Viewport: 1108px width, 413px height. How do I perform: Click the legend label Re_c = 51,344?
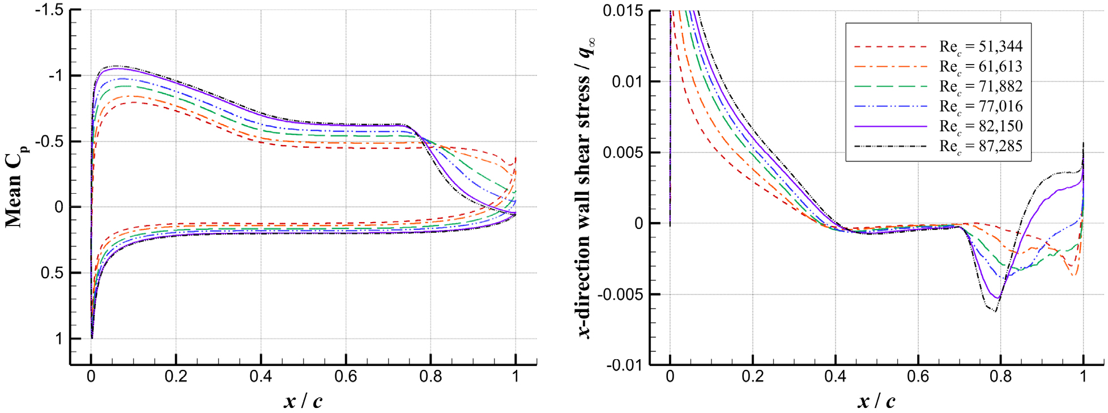click(981, 47)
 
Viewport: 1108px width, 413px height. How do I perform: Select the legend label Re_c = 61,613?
click(981, 67)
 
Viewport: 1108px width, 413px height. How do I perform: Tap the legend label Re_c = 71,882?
click(981, 87)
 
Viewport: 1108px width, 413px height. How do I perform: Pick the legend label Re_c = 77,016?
click(981, 107)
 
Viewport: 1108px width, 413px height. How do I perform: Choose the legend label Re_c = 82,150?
click(981, 126)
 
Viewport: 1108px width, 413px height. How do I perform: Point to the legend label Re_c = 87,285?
click(981, 146)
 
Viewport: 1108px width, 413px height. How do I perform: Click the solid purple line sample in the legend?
click(890, 126)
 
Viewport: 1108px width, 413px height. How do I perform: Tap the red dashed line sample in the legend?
click(890, 46)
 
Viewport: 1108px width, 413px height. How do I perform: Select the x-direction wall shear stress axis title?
click(587, 187)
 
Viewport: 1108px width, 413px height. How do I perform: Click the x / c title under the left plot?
click(303, 401)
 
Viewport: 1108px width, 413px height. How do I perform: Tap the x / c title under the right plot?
click(876, 401)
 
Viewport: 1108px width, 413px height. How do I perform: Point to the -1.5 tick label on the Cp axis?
click(49, 10)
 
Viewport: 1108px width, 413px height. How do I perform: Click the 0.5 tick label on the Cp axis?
click(52, 273)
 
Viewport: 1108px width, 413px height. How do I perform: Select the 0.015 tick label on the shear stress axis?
click(623, 11)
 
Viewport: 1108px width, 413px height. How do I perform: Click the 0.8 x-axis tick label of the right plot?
click(1000, 377)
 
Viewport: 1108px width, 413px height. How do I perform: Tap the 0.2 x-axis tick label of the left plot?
click(176, 377)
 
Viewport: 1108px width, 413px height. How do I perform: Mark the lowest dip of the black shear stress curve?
click(995, 311)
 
